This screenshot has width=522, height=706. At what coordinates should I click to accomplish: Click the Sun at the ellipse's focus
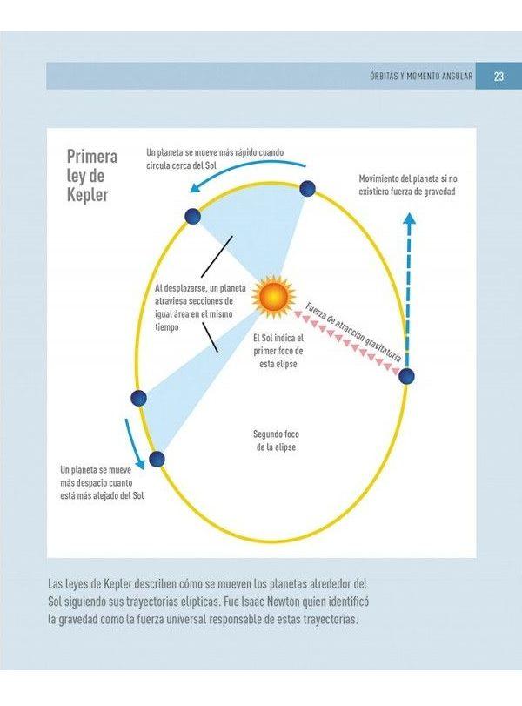point(273,296)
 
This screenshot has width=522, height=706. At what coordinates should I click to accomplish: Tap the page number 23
point(499,76)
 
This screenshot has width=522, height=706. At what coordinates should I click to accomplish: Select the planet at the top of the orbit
point(307,188)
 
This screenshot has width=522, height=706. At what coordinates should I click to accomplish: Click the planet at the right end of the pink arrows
point(406,375)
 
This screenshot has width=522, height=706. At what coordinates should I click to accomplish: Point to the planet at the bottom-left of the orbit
point(157,460)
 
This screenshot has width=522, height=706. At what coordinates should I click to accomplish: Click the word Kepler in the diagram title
point(88,195)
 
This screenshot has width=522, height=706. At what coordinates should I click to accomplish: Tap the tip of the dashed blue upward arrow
point(409,214)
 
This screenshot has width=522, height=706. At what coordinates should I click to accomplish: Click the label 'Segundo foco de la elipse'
point(277,440)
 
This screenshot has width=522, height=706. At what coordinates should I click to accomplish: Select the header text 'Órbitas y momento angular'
point(421,76)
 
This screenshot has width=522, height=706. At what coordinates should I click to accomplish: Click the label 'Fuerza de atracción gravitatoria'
point(354,333)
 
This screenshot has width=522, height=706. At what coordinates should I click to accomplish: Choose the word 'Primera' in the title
point(92,156)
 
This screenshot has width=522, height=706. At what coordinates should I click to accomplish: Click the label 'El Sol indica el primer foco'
point(278,344)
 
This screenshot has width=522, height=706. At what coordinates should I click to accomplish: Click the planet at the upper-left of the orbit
point(192,216)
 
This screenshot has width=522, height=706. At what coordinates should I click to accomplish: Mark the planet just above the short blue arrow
point(138,398)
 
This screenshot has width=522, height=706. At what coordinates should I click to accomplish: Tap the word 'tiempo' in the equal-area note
point(167,327)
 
